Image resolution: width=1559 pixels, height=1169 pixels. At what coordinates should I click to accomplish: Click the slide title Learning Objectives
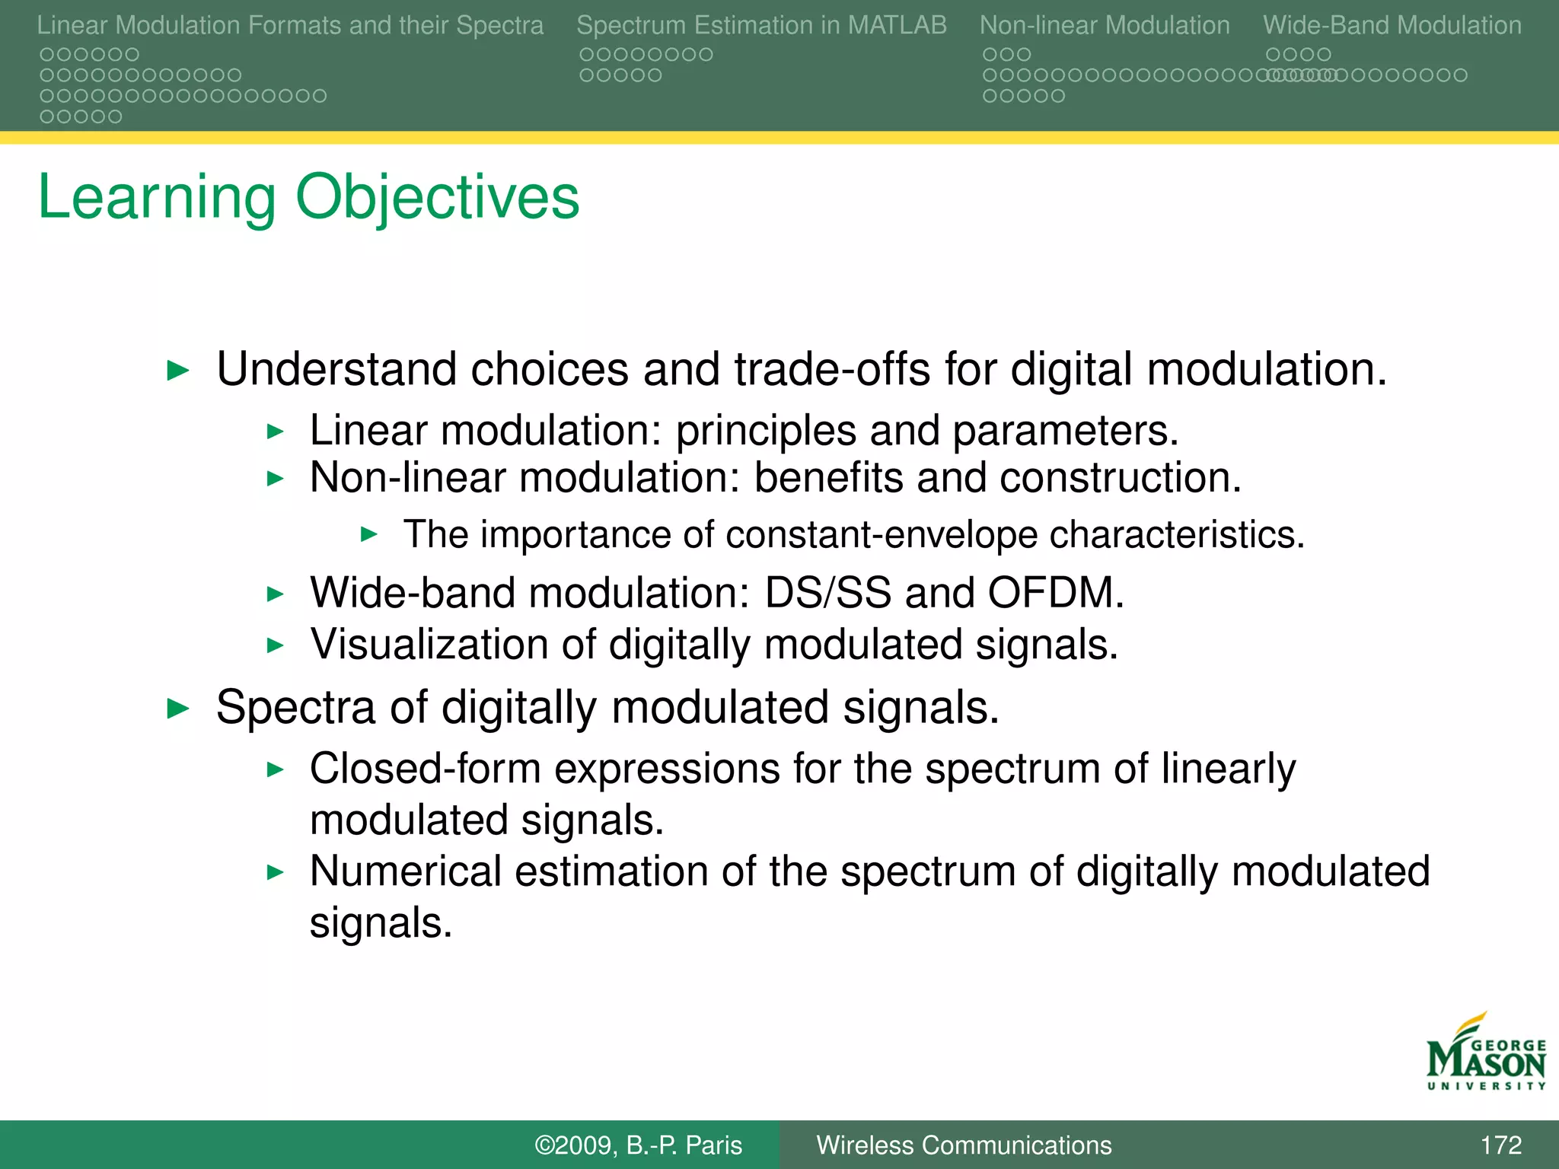(308, 197)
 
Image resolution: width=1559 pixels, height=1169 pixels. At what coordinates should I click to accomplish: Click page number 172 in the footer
(1500, 1145)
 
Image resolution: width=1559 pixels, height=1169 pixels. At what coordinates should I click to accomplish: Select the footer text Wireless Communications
(964, 1145)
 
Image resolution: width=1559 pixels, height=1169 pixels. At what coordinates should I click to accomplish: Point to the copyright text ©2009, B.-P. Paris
(638, 1145)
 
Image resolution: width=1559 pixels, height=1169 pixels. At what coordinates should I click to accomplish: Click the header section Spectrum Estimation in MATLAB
(761, 25)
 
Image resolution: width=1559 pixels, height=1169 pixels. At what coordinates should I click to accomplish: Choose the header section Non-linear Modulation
(1104, 25)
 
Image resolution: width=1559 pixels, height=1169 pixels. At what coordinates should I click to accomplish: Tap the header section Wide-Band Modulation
(1392, 25)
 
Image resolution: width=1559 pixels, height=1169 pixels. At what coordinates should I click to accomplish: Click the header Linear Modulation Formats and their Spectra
(290, 25)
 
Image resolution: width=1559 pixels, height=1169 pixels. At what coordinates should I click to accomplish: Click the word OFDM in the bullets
(1055, 593)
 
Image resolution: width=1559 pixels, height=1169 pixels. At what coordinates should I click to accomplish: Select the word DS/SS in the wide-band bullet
(827, 593)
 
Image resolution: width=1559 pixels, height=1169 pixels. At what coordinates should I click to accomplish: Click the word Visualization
(429, 645)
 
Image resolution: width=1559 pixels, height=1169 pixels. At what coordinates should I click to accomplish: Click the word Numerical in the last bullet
(405, 871)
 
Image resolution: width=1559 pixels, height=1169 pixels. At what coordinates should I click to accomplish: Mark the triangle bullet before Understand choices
(177, 371)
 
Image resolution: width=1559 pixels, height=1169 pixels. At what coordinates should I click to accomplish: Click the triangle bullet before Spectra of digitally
(177, 709)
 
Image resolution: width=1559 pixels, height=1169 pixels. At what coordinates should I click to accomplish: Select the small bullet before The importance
(369, 534)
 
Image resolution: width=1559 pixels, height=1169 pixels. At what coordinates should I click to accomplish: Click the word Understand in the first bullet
(336, 370)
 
